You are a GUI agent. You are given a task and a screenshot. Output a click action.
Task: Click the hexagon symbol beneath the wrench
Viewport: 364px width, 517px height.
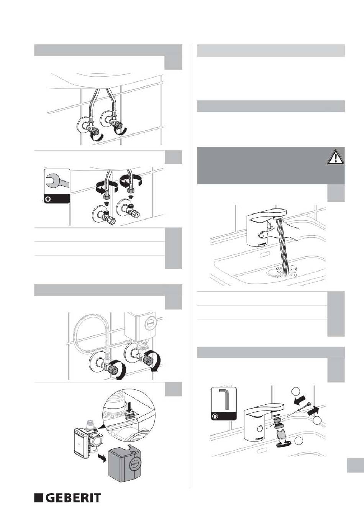[48, 199]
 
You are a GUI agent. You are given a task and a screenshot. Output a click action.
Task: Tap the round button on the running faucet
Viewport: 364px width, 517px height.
[261, 236]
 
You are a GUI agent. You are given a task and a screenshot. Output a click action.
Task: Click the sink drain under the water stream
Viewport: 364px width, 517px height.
[272, 272]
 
